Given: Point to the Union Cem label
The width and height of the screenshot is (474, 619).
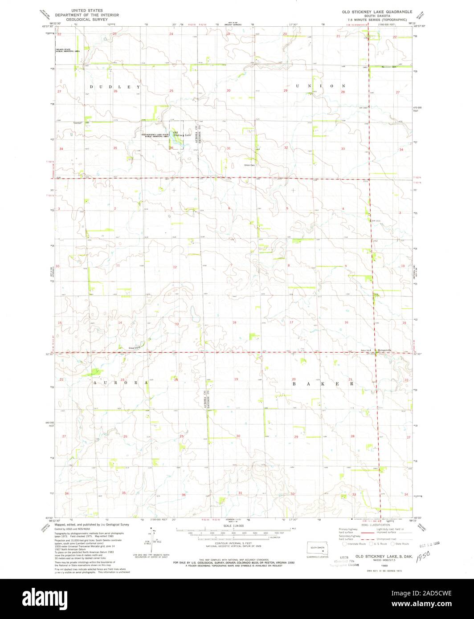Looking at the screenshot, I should [249, 165].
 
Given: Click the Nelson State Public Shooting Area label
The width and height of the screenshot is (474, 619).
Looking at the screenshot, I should [67, 51].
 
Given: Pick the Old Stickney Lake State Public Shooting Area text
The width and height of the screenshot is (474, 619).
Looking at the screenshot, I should [155, 135].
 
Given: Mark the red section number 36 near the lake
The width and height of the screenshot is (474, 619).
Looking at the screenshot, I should [171, 148].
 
